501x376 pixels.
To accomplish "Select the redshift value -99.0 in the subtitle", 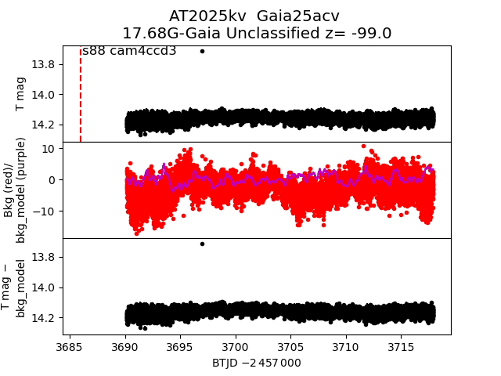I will point(369,34).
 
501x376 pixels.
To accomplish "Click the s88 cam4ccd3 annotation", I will point(129,51).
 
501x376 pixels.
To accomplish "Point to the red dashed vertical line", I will point(81,94).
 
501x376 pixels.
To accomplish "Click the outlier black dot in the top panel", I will point(202,51).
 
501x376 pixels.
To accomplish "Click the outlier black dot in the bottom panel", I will point(202,244).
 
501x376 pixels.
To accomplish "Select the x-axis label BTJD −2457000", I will point(256,363).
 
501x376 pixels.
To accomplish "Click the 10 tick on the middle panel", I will point(47,148).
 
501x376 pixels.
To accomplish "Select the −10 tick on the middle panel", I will point(44,211).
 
